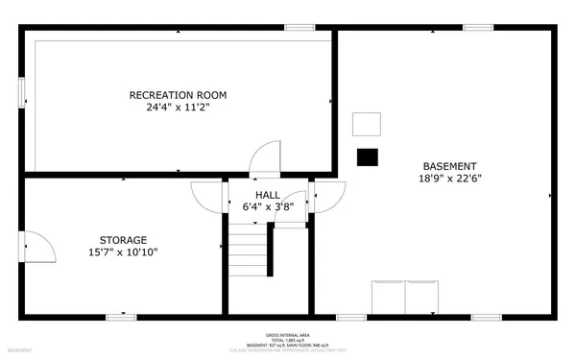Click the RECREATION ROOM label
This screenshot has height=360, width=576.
click(179, 95)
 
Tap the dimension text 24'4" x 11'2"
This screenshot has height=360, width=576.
click(179, 108)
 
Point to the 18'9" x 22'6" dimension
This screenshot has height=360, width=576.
click(447, 179)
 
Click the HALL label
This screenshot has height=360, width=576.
click(268, 195)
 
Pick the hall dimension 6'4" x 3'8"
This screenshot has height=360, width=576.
click(268, 206)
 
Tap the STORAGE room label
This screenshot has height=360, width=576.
click(123, 240)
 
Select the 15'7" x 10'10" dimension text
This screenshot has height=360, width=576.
click(123, 252)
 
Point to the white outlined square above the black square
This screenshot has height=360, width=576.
click(367, 124)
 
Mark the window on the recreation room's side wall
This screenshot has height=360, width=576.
click(23, 89)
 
